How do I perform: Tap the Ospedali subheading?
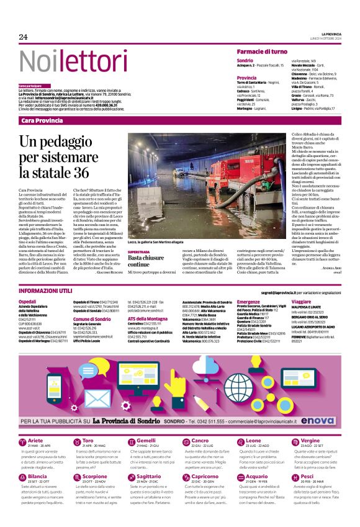(27, 301)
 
